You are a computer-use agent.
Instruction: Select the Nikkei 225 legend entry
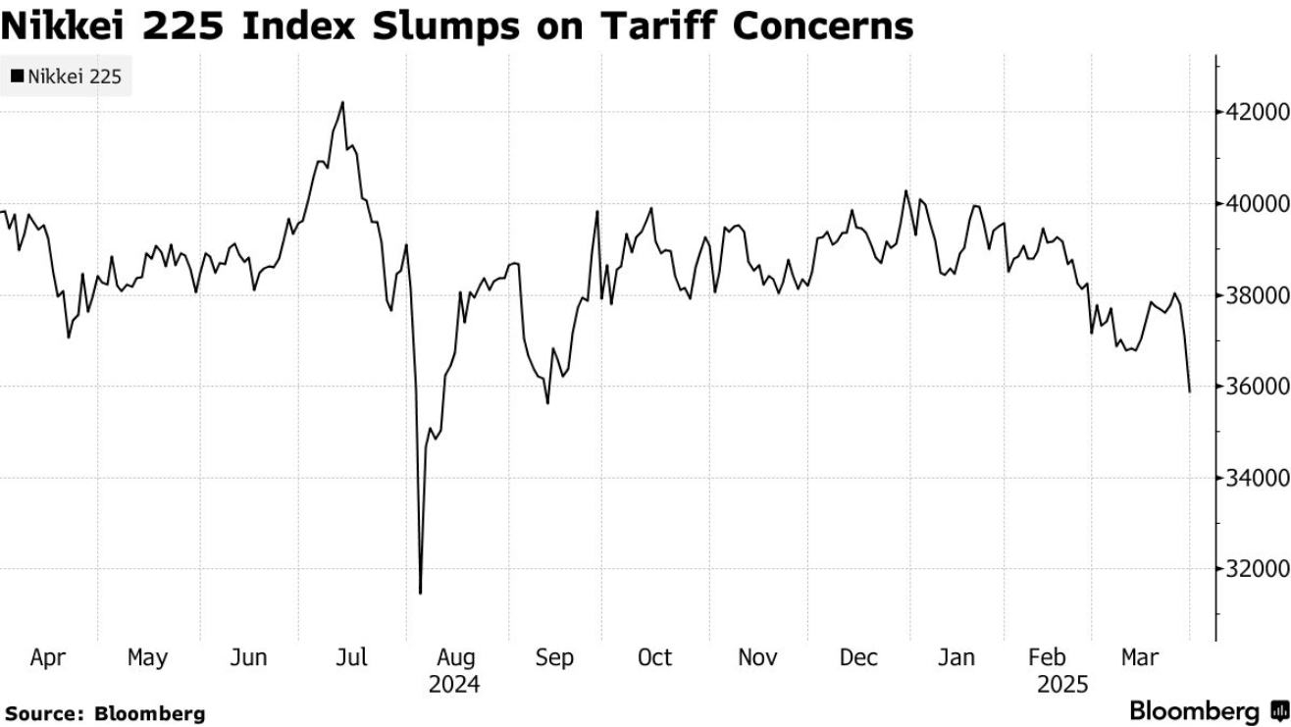pos(67,76)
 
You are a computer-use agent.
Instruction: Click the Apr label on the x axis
pos(47,657)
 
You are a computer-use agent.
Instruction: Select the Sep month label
pos(554,657)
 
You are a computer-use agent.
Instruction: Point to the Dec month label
pos(858,657)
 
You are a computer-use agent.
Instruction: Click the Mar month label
pos(1140,657)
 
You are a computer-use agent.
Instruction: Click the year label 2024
pos(454,684)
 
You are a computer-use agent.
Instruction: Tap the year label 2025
pos(1062,684)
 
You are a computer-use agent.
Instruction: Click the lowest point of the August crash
pos(420,593)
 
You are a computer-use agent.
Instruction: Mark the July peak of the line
pos(342,102)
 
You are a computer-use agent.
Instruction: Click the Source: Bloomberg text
pos(104,713)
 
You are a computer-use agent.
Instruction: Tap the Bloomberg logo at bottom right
pos(1209,710)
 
